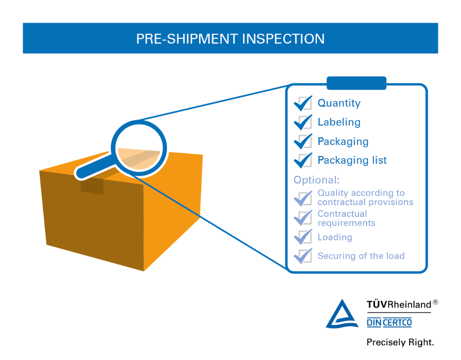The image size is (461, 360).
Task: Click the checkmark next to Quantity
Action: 303,103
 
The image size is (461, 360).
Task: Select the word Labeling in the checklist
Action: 339,122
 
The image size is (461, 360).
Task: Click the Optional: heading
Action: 316,180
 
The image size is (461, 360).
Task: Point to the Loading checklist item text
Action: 334,237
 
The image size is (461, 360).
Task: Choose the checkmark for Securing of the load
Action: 303,256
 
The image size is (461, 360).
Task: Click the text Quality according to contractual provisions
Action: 365,198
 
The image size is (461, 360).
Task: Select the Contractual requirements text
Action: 346,218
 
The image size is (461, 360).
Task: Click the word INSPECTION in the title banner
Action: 283,39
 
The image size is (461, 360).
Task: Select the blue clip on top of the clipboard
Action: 356,83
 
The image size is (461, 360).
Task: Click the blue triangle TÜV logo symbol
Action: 342,314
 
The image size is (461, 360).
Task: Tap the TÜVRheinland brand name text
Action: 398,305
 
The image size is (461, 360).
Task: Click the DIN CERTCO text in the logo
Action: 389,323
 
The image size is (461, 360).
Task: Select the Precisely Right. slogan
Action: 400,342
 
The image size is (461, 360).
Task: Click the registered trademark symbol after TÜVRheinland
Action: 435,302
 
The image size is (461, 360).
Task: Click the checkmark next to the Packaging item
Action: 303,141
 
